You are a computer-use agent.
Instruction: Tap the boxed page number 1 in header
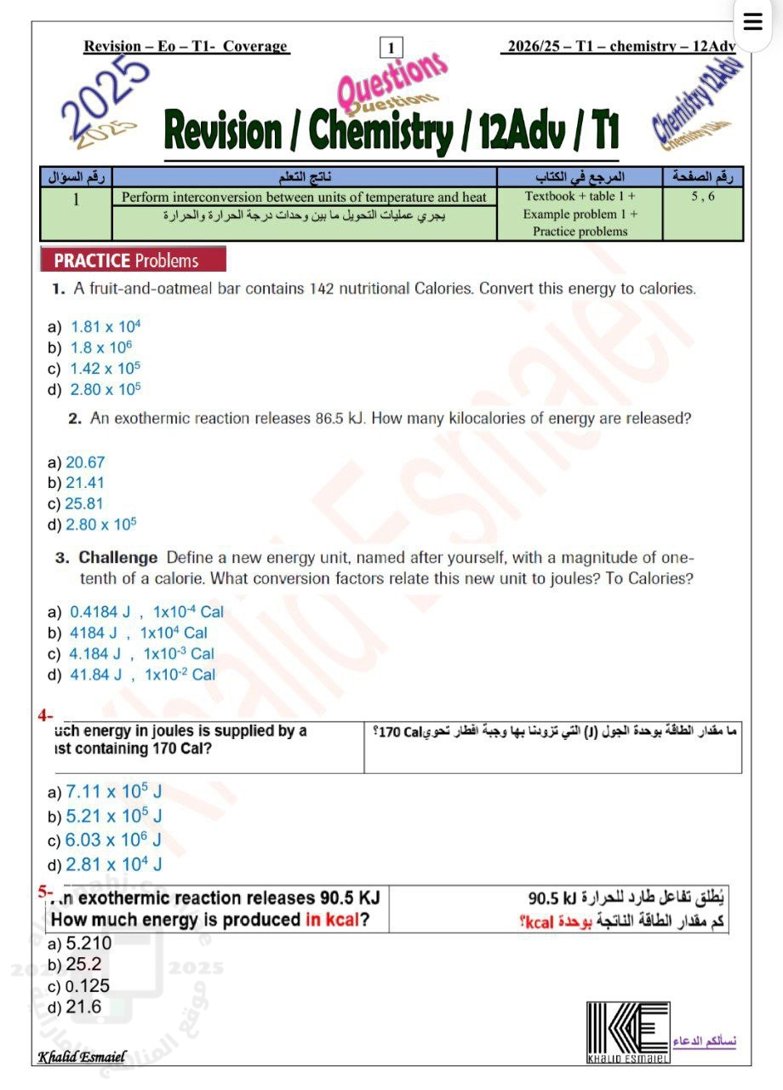coord(391,48)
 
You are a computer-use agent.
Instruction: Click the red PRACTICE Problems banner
coord(134,261)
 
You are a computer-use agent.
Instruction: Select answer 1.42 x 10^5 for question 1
coord(105,369)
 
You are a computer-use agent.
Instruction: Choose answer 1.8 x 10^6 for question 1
coord(100,347)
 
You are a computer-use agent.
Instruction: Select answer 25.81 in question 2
coord(84,503)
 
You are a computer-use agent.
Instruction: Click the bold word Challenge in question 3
coord(118,558)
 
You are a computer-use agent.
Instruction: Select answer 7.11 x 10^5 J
coord(113,793)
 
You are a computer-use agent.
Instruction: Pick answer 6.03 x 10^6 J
coord(113,840)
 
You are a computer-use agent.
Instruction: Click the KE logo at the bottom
coord(628,1031)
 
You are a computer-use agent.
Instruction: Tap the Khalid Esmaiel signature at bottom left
coord(82,1057)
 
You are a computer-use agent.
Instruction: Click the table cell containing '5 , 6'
coord(703,197)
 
